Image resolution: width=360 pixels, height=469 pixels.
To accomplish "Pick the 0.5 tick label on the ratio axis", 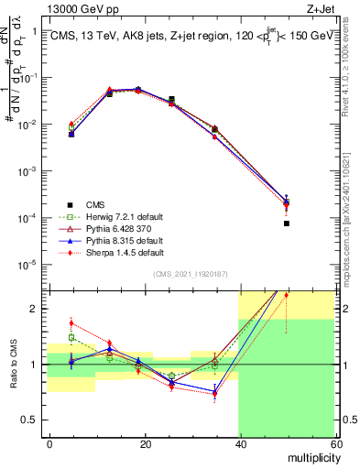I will (x=32, y=420).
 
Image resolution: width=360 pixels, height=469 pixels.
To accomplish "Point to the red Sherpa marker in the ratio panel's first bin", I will (x=71, y=322).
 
